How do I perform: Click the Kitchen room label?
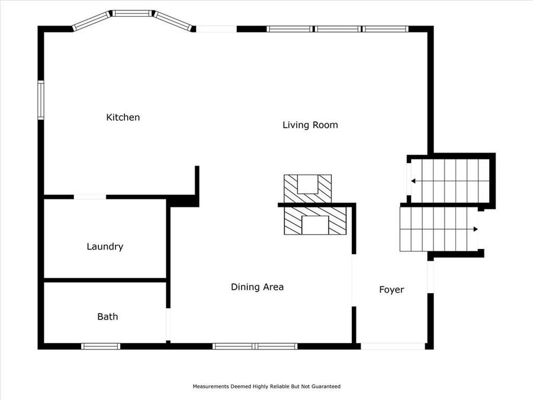click(123, 117)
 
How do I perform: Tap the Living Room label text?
click(310, 125)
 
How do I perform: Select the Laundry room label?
click(105, 247)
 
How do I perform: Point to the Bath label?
click(107, 316)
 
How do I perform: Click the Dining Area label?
click(257, 287)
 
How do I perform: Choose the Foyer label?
click(391, 290)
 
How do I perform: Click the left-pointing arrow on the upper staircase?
click(413, 181)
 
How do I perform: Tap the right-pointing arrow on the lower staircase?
click(476, 229)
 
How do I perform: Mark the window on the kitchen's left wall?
click(41, 100)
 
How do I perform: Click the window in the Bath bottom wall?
click(101, 346)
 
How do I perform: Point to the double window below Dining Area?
click(255, 346)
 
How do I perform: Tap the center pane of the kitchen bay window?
click(133, 12)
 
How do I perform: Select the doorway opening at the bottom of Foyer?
click(393, 346)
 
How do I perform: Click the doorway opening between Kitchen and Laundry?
click(90, 197)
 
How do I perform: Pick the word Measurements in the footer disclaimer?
click(211, 386)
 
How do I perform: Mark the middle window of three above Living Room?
click(337, 28)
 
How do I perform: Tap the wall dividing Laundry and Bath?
click(105, 280)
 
